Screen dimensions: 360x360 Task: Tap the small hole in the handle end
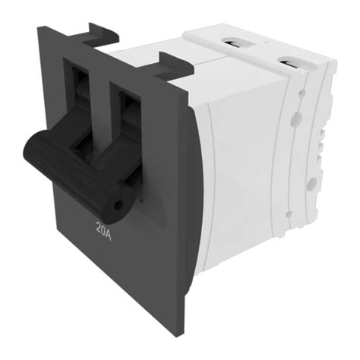click(117, 207)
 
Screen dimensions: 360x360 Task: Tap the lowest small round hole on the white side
click(289, 214)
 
